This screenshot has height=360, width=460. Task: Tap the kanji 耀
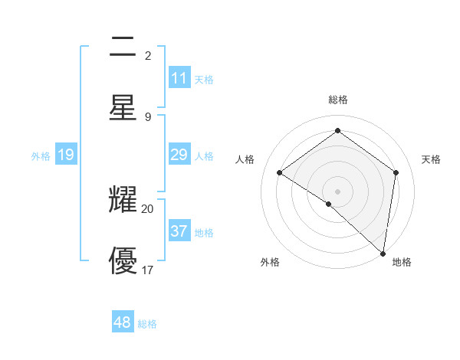pyautogui.click(x=123, y=201)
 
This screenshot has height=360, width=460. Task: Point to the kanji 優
pyautogui.click(x=123, y=260)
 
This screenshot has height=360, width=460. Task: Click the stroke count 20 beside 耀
pyautogui.click(x=148, y=208)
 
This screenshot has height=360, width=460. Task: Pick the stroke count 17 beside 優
pyautogui.click(x=148, y=269)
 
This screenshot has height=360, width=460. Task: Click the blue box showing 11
pyautogui.click(x=179, y=78)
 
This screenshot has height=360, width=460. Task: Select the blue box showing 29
pyautogui.click(x=179, y=155)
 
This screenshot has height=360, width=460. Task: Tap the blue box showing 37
pyautogui.click(x=179, y=231)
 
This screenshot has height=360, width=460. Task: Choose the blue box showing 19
pyautogui.click(x=66, y=155)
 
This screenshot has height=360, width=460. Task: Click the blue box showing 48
pyautogui.click(x=123, y=322)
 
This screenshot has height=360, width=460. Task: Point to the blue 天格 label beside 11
pyautogui.click(x=204, y=80)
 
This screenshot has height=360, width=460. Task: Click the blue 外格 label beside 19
pyautogui.click(x=41, y=156)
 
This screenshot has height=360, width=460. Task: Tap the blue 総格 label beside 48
pyautogui.click(x=147, y=324)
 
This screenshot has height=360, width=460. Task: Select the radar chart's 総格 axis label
pyautogui.click(x=338, y=100)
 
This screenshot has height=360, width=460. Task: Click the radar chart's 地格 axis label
pyautogui.click(x=402, y=263)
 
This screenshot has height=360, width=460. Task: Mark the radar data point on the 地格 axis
pyautogui.click(x=383, y=253)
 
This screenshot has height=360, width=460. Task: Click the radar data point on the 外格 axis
pyautogui.click(x=329, y=204)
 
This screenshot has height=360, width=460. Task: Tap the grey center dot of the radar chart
pyautogui.click(x=338, y=191)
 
